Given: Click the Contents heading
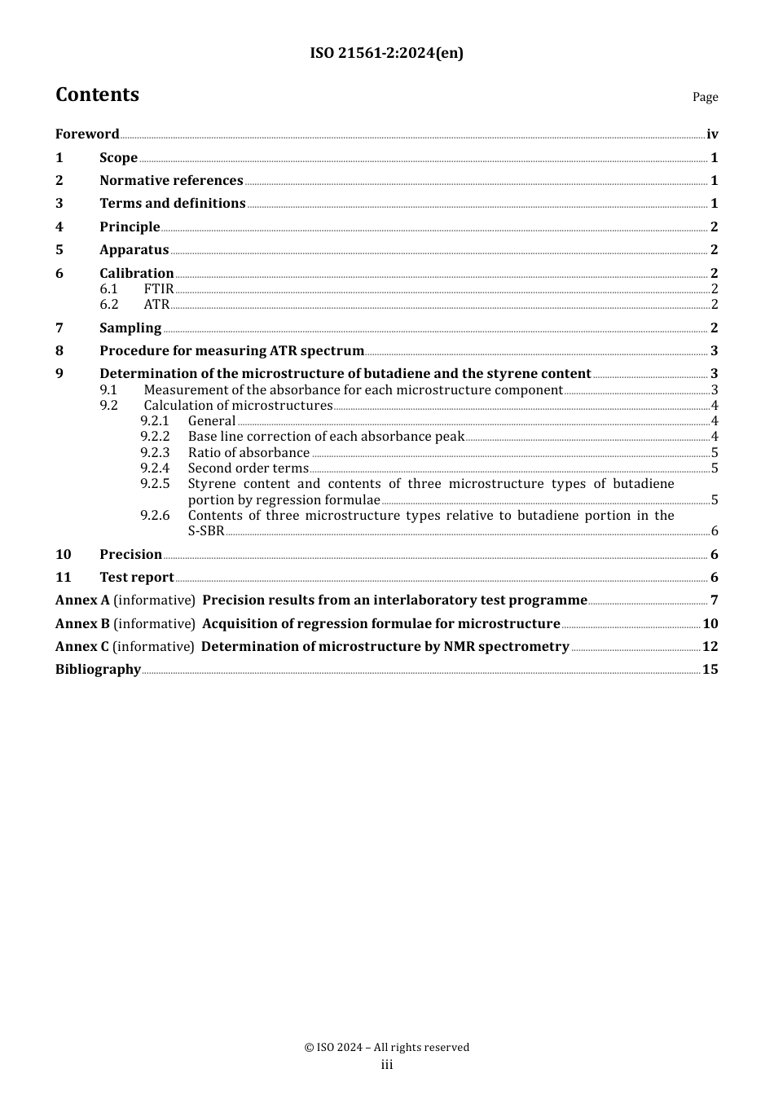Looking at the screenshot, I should point(97,95).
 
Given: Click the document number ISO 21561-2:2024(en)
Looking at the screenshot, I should point(386,53).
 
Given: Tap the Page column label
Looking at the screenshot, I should point(705,97).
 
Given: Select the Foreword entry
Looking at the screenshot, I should point(87,134).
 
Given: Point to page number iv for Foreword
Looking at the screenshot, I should point(712,134).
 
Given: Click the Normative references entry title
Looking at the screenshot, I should point(171,181).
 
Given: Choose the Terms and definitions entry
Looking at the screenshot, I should point(172,204).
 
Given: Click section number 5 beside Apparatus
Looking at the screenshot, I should point(59,250).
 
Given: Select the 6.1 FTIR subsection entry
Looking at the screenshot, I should point(158,289).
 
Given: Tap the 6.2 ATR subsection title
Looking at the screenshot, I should point(156,305).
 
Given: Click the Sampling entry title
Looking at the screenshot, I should point(130,328).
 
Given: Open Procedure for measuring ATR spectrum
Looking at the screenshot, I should point(231,351).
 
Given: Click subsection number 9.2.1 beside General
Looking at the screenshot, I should point(154,421).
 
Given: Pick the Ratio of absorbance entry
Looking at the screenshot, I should point(248,453).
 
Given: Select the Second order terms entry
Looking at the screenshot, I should point(248,468).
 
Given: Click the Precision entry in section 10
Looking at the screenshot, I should point(130,555).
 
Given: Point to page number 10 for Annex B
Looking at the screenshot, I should point(710,624).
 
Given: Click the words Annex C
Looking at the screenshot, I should point(81,647).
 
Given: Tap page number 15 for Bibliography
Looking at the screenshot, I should point(710,670).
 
